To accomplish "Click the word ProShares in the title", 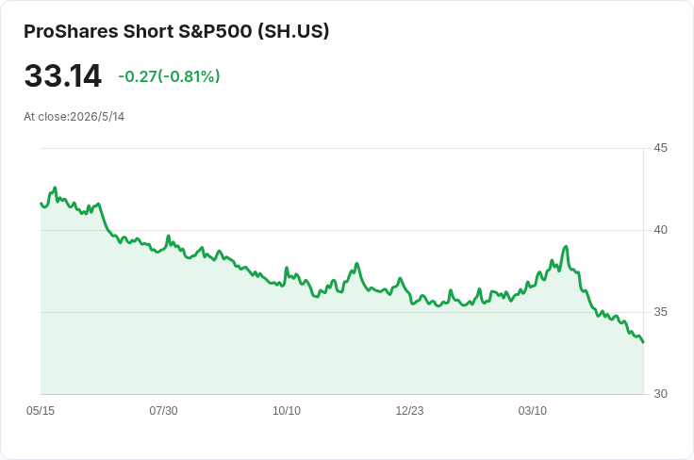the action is click(x=71, y=31).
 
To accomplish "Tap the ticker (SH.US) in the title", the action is click(x=293, y=31).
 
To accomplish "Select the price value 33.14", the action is click(x=63, y=75).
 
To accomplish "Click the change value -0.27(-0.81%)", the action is click(x=169, y=76).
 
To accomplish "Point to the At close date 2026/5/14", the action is click(x=97, y=117).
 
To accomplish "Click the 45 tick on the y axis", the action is click(x=660, y=148).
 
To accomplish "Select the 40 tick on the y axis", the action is click(x=660, y=230).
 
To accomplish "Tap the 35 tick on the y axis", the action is click(x=660, y=312).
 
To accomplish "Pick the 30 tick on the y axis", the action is click(x=660, y=394).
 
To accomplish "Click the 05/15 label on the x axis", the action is click(x=41, y=411).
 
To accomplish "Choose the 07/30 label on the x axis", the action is click(x=163, y=411).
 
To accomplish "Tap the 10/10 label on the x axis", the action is click(x=287, y=411).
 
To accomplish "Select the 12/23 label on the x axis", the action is click(x=409, y=411).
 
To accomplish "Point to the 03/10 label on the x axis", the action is click(x=533, y=411).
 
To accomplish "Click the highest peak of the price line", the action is click(x=56, y=188).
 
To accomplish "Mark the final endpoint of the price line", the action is click(x=643, y=342).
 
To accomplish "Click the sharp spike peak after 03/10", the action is click(x=566, y=246).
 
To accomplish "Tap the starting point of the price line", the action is click(x=41, y=203).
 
